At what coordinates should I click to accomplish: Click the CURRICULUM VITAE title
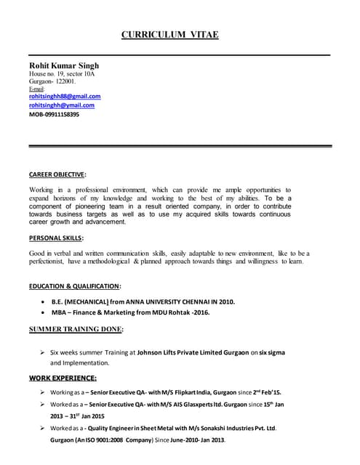tap(169, 35)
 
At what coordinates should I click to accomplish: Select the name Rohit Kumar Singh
tap(64, 65)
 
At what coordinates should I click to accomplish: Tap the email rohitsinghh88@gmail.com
tap(65, 96)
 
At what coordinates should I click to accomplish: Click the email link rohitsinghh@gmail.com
tap(62, 105)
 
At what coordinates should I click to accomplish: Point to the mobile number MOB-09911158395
tap(55, 115)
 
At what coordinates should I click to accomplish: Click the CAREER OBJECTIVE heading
tap(57, 174)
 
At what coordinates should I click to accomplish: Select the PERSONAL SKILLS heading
tap(56, 238)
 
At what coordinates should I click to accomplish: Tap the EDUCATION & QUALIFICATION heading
tap(75, 286)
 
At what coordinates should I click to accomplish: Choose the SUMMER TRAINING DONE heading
tap(76, 329)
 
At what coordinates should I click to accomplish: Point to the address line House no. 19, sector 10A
tap(62, 74)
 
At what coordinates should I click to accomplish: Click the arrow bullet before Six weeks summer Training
tap(44, 352)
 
